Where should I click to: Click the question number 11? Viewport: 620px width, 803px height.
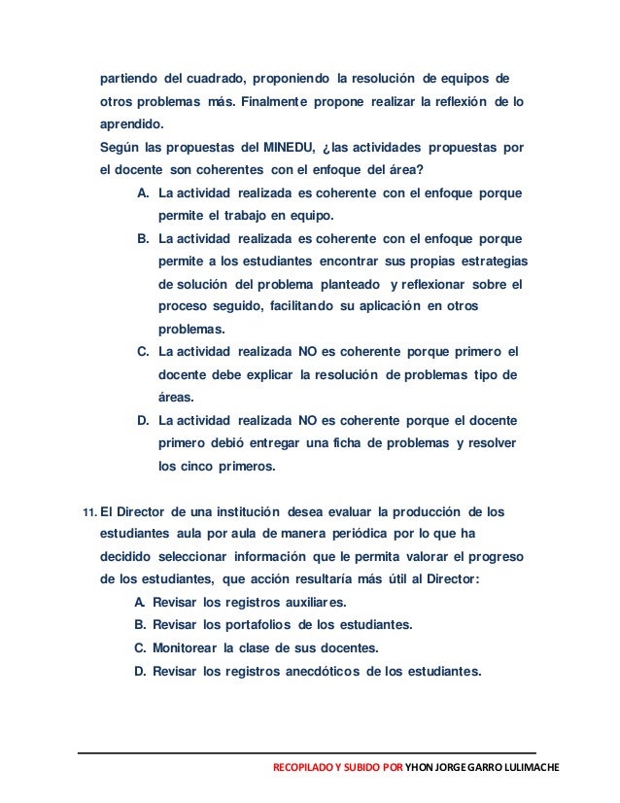(89, 512)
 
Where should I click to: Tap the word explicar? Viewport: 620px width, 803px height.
(267, 375)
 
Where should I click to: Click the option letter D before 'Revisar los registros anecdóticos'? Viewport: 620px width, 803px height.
(142, 669)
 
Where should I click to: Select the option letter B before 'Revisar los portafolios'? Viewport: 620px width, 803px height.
(142, 624)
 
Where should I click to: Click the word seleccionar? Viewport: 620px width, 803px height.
(209, 556)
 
